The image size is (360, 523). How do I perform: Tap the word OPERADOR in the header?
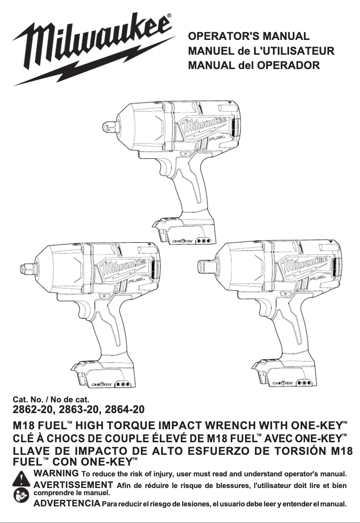pos(288,66)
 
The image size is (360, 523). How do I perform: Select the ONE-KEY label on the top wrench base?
pos(183,241)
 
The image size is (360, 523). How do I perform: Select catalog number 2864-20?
pos(124,409)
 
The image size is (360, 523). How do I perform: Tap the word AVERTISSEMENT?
pos(73,485)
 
